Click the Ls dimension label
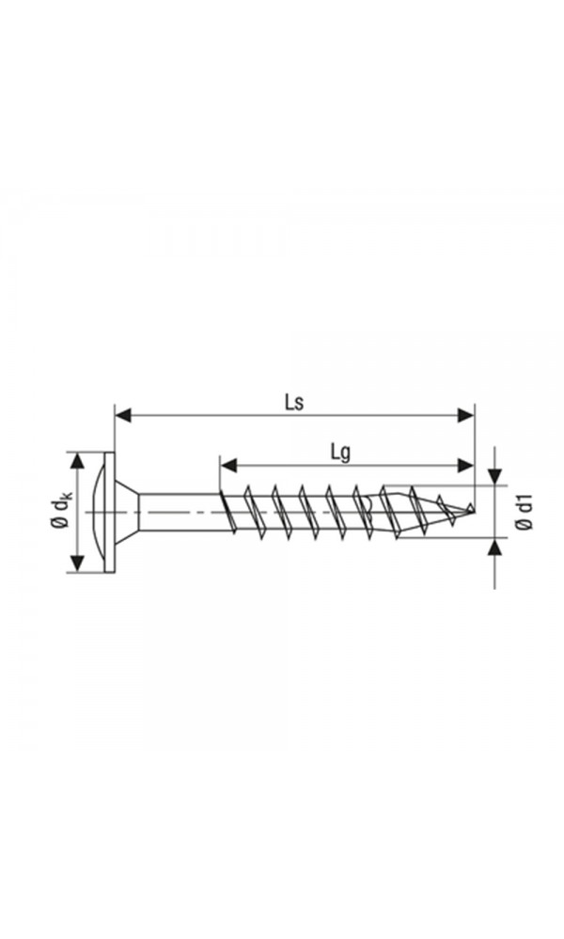pyautogui.click(x=293, y=401)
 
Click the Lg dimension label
pyautogui.click(x=340, y=452)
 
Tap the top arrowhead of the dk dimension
pyautogui.click(x=77, y=461)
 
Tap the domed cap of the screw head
pyautogui.click(x=102, y=512)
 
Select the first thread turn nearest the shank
pyautogui.click(x=227, y=512)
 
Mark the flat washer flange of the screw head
pyautogui.click(x=113, y=512)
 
